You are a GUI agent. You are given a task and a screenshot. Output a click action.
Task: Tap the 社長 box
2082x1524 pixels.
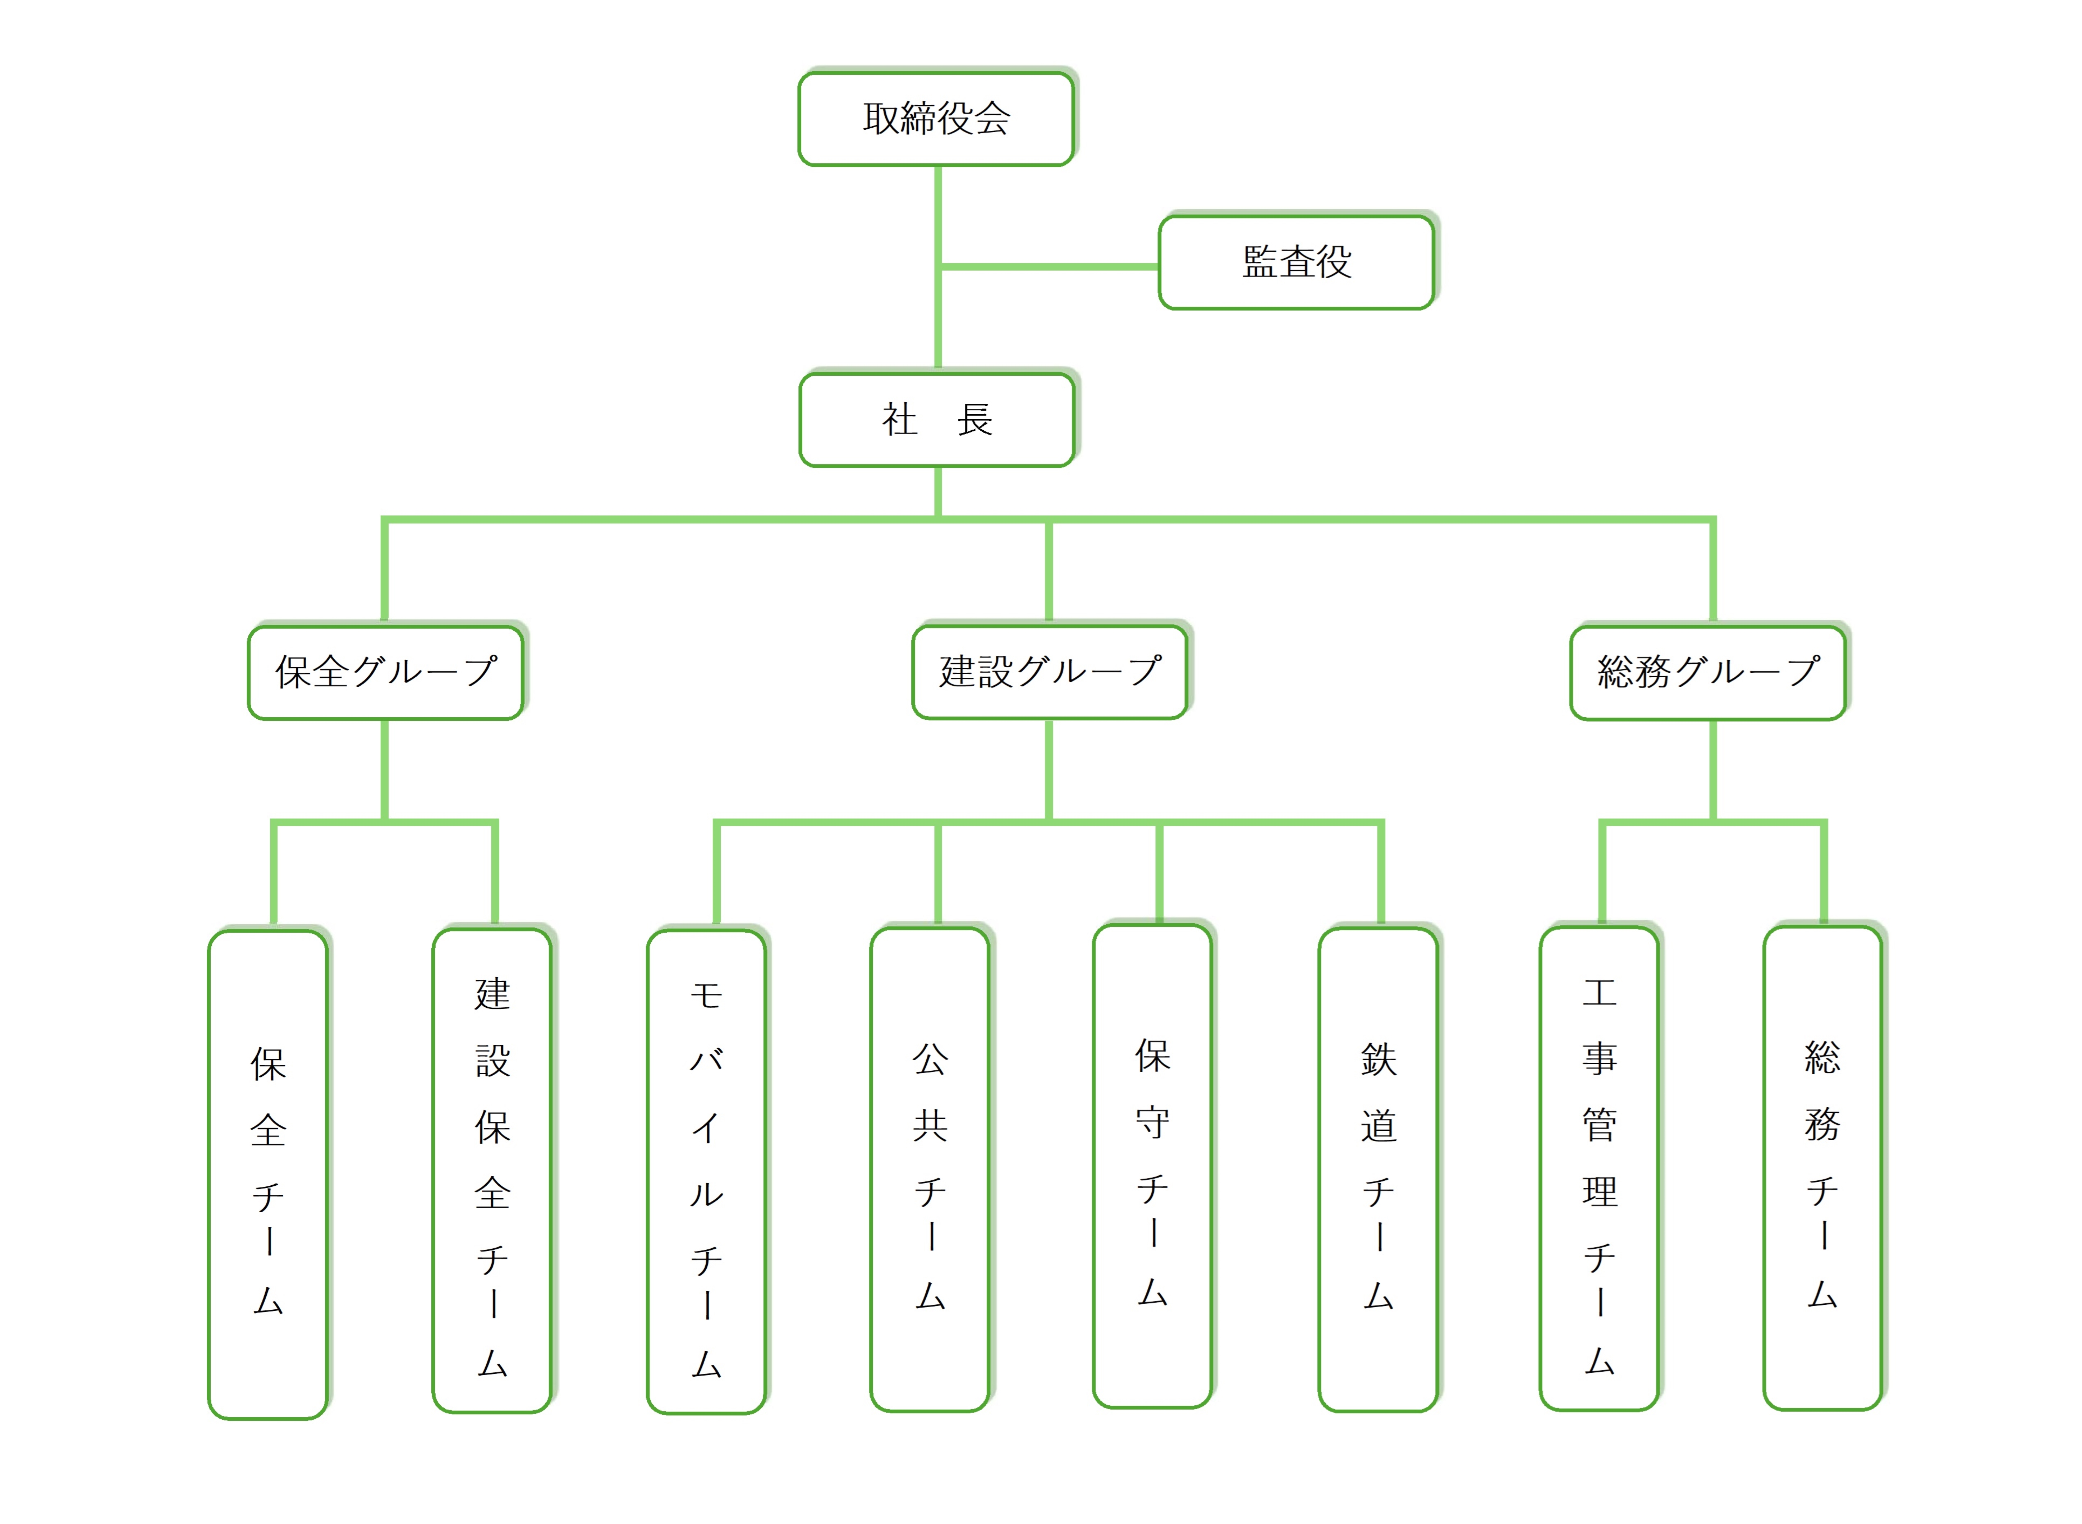tap(936, 420)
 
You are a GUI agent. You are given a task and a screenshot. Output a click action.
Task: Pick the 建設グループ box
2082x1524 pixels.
tap(1049, 672)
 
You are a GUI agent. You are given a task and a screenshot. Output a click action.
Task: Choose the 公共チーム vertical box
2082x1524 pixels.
tap(930, 1170)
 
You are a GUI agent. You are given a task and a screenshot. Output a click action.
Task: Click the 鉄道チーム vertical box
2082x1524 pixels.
tap(1378, 1170)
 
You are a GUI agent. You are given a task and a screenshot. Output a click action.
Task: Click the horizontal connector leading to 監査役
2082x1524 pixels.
tap(1049, 267)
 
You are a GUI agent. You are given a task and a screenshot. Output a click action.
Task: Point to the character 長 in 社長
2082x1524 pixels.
tap(974, 420)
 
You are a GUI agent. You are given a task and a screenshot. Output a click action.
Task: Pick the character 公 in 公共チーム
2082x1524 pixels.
tap(930, 1059)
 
